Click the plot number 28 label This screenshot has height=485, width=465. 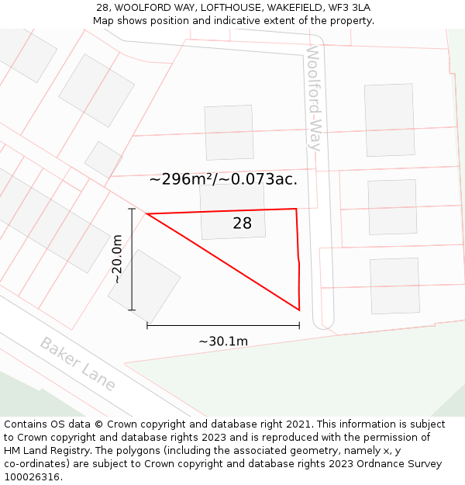pos(242,223)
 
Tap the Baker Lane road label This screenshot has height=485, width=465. pos(77,364)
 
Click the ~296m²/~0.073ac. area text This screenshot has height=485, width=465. pos(223,179)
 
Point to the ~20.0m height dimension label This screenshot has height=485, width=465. pos(117,259)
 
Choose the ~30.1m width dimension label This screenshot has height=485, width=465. pos(223,341)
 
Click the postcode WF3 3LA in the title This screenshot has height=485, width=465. pos(352,8)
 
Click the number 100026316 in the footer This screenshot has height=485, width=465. pos(33,477)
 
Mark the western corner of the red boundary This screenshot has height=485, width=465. pos(146,213)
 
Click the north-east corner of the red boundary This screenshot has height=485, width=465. pos(297,208)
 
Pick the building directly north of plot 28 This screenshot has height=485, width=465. pos(229,132)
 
